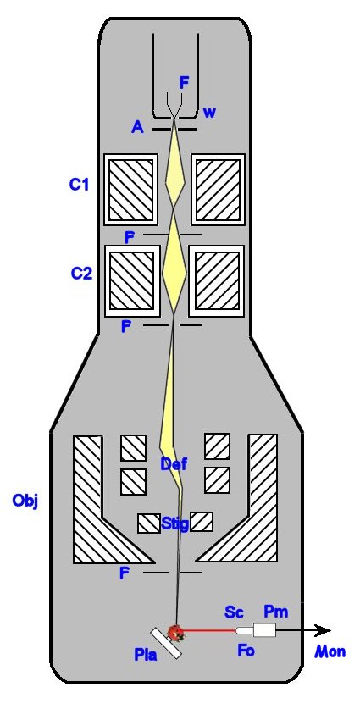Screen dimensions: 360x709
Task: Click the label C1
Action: click(x=79, y=185)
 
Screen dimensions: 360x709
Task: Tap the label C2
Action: click(x=81, y=274)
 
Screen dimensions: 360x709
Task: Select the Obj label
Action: click(x=25, y=501)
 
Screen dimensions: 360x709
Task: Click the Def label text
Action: click(x=173, y=464)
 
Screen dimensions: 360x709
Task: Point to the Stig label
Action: click(x=175, y=524)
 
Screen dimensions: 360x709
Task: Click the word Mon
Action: click(x=330, y=651)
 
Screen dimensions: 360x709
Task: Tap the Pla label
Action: click(x=146, y=654)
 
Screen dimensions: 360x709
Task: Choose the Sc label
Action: click(x=235, y=612)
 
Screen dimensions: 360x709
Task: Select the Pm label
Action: click(x=275, y=612)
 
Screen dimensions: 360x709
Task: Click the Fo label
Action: click(x=246, y=651)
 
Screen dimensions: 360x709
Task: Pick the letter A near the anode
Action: click(x=137, y=128)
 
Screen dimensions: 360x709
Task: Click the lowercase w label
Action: click(x=209, y=112)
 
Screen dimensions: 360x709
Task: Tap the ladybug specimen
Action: click(x=175, y=632)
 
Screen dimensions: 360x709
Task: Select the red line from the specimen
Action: click(x=209, y=630)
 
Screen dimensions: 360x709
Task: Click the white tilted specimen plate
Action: click(x=168, y=643)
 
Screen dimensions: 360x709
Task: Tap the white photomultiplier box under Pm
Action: click(x=264, y=630)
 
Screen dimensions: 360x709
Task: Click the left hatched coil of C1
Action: click(x=131, y=190)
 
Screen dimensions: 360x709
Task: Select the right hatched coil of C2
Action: click(x=216, y=280)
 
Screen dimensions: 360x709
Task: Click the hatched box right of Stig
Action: click(x=202, y=522)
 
